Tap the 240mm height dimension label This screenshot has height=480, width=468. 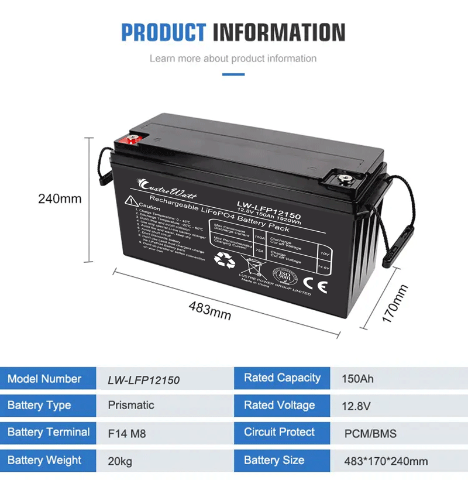coord(60,198)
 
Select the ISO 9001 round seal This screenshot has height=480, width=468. coord(284,275)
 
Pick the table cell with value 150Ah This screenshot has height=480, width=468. coord(357,379)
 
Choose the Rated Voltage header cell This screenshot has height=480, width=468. coord(280,406)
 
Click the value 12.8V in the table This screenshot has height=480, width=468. coord(356,406)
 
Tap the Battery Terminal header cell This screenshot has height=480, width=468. coord(49,433)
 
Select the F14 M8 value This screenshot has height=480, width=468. coord(127,434)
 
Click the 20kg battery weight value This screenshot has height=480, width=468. coord(120,461)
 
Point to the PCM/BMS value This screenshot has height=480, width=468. coord(370,434)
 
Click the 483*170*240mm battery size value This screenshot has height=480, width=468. coord(386,461)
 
